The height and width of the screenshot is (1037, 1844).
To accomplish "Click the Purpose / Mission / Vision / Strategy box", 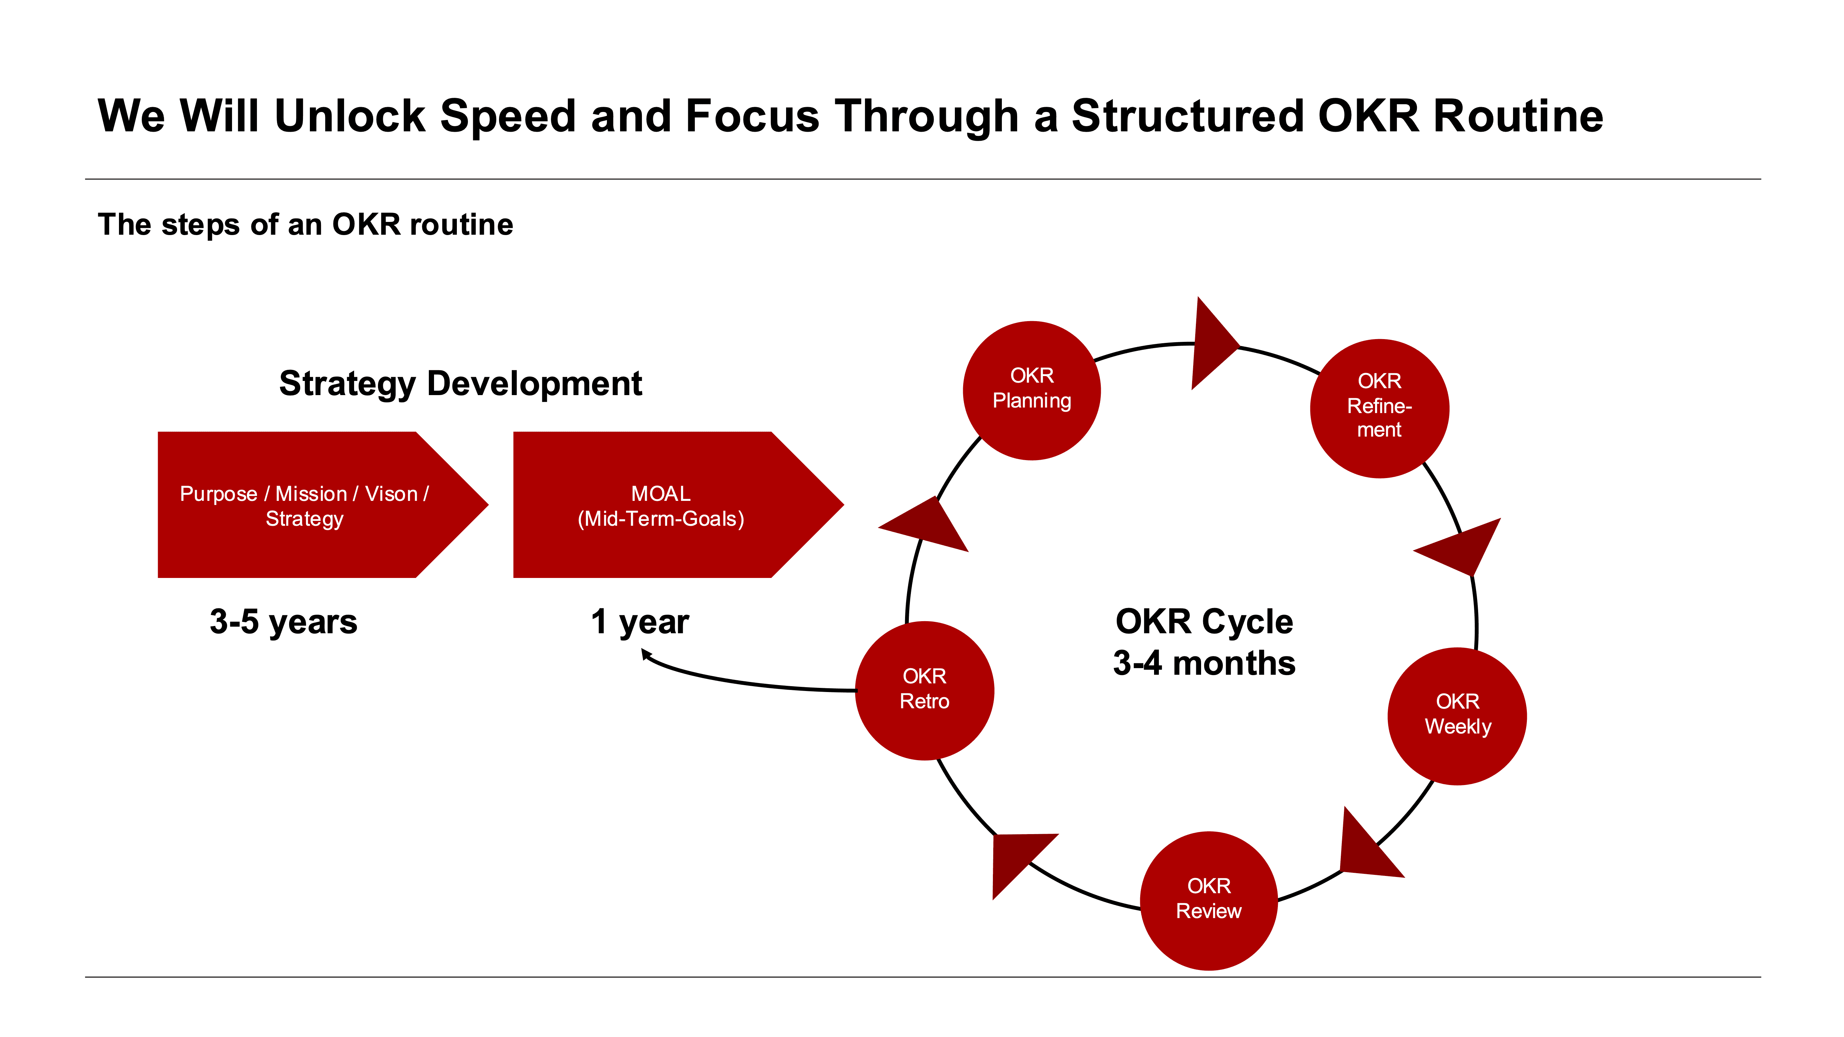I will point(304,505).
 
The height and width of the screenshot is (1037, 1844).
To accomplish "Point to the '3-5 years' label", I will point(284,621).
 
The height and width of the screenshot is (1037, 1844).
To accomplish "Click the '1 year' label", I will point(639,621).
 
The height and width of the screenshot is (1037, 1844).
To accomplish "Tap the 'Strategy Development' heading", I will point(460,384).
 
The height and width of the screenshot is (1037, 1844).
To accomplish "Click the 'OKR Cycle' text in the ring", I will point(1204,621).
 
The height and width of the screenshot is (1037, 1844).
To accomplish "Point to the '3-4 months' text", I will point(1204,663).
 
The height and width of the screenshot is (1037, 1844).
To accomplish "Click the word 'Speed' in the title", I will point(508,116).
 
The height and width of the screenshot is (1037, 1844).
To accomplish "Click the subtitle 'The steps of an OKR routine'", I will point(306,225).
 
